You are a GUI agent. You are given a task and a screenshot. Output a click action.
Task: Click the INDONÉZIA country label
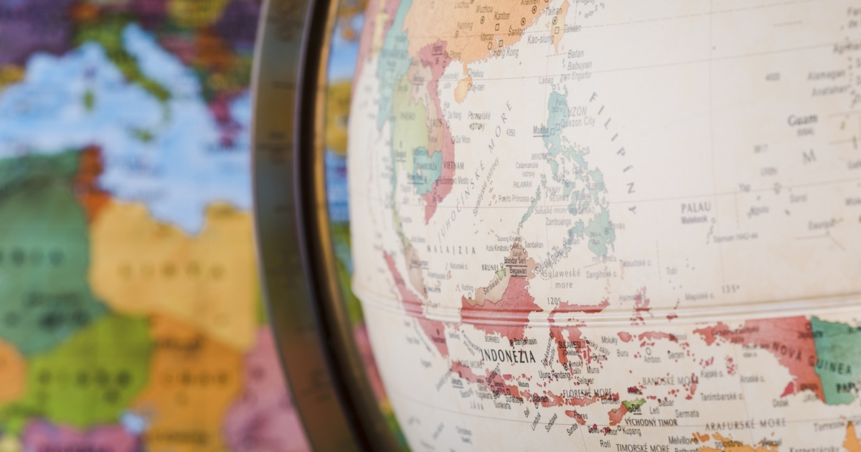[x=508, y=355]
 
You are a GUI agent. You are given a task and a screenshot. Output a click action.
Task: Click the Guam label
[x=801, y=121]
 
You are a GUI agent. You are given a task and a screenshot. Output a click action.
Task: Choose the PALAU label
[x=695, y=207]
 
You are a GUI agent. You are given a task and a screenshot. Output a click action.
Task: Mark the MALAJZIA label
[x=452, y=249]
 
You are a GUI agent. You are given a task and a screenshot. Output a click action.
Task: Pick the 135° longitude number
[x=730, y=290]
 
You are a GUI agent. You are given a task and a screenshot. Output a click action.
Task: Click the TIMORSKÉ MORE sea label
[x=641, y=446]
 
